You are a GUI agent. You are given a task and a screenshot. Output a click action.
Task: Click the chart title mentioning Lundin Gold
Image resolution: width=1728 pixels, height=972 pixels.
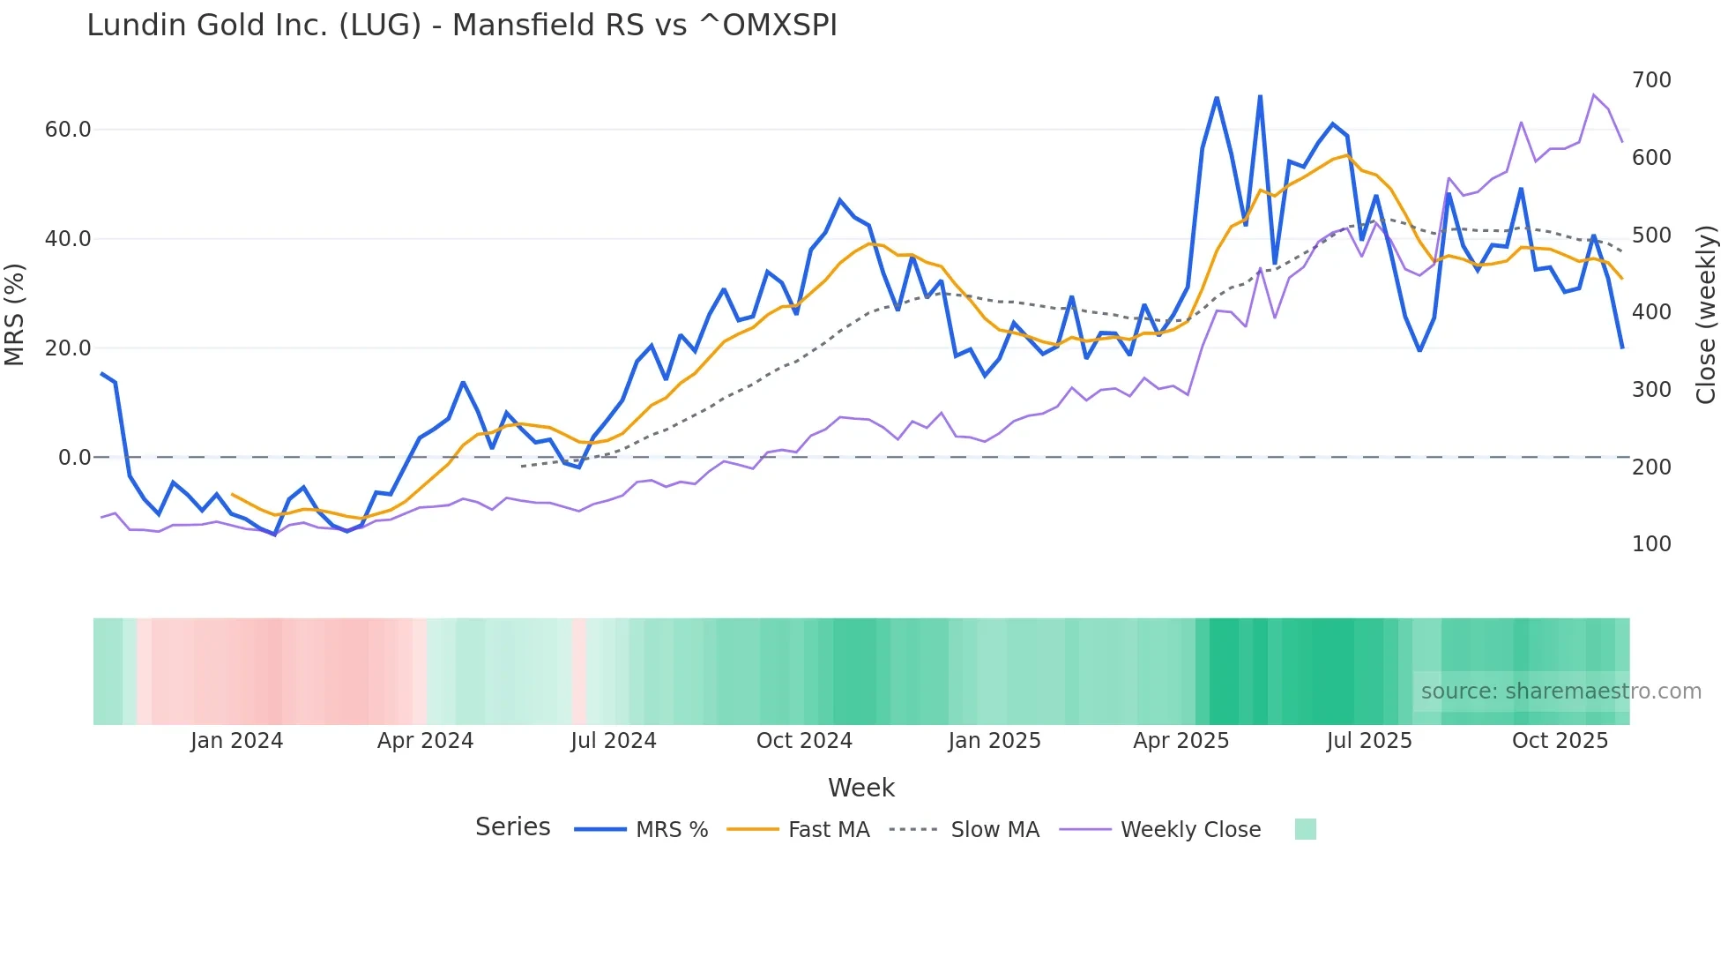(462, 26)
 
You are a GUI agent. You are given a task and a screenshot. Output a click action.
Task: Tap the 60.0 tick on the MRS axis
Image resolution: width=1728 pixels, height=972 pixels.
(68, 130)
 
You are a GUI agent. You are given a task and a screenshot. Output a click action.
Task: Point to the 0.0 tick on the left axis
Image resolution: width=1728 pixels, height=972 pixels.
(74, 458)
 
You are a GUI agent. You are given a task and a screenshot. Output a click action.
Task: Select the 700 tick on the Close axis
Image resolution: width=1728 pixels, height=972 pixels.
(1651, 80)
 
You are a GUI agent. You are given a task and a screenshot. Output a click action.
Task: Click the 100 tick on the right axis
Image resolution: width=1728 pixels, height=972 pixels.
(1651, 544)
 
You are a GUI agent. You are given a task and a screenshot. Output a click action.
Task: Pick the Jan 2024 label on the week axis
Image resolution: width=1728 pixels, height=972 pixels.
(236, 741)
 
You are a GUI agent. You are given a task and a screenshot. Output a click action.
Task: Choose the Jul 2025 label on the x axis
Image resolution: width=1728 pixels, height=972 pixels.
(1369, 741)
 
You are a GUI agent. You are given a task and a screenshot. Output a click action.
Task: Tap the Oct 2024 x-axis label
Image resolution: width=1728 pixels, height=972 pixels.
(804, 741)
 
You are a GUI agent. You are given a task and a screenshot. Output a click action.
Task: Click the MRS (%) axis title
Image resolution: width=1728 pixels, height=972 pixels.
(14, 314)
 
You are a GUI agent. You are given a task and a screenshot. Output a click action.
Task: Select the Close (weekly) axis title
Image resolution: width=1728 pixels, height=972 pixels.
(1706, 314)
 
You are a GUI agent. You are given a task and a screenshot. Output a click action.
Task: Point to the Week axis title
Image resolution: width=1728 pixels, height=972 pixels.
(861, 789)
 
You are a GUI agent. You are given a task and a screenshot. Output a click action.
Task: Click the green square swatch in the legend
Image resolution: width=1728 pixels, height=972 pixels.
(1306, 829)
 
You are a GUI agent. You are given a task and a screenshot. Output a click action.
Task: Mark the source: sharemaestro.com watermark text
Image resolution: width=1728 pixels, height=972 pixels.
(1560, 692)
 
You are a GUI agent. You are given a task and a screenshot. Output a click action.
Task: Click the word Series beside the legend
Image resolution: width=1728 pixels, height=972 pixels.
(512, 827)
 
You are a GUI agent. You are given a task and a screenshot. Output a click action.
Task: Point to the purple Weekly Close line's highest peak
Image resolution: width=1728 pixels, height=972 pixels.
(1594, 94)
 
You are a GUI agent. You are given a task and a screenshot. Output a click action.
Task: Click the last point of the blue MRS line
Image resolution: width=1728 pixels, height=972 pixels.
(1622, 348)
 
